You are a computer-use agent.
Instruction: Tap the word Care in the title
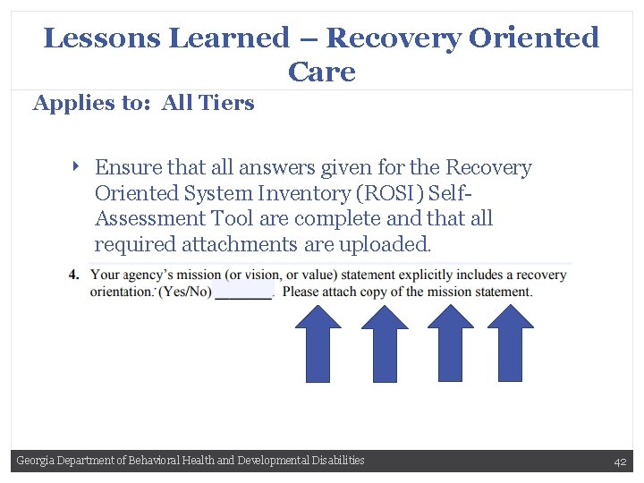[x=321, y=72]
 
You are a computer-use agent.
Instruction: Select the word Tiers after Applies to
[x=230, y=103]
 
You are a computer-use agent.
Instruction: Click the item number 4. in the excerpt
[x=73, y=275]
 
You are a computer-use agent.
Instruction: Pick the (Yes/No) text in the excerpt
[x=185, y=292]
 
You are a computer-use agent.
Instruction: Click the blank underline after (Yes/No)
[x=244, y=294]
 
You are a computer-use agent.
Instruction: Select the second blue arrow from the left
[x=385, y=343]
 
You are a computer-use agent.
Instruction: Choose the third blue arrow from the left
[x=450, y=343]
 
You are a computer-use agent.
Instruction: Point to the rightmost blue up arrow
[x=510, y=343]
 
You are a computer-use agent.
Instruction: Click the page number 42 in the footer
[x=619, y=462]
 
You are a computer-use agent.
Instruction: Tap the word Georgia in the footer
[x=35, y=461]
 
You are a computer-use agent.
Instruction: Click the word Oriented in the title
[x=534, y=38]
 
